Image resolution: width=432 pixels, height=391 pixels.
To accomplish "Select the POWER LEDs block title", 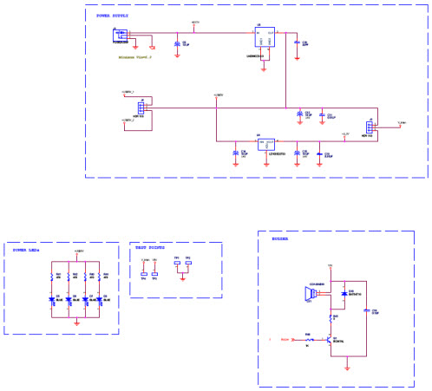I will tap(27, 250).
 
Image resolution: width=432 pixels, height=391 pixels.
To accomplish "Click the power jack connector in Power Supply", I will tap(120, 35).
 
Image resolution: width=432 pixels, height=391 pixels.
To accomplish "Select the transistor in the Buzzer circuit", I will tap(330, 338).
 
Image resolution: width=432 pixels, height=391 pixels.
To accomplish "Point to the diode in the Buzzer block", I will tap(344, 294).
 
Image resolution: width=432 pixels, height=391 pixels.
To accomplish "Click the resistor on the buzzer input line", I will tap(308, 339).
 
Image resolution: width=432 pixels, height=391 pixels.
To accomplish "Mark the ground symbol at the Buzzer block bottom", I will tap(347, 368).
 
